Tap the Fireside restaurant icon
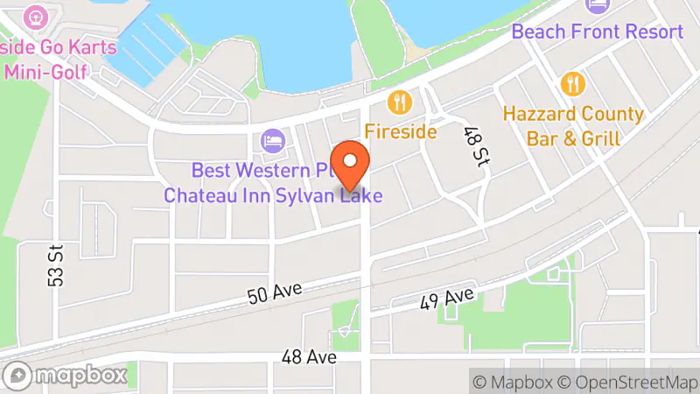pos(401,102)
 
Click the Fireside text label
pos(401,131)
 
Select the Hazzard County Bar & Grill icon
pos(574,84)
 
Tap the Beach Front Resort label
pos(597,32)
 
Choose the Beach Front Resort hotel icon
pos(597,5)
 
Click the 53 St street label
pos(57,265)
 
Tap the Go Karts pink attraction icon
pos(36,15)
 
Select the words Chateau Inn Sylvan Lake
pos(273,195)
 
